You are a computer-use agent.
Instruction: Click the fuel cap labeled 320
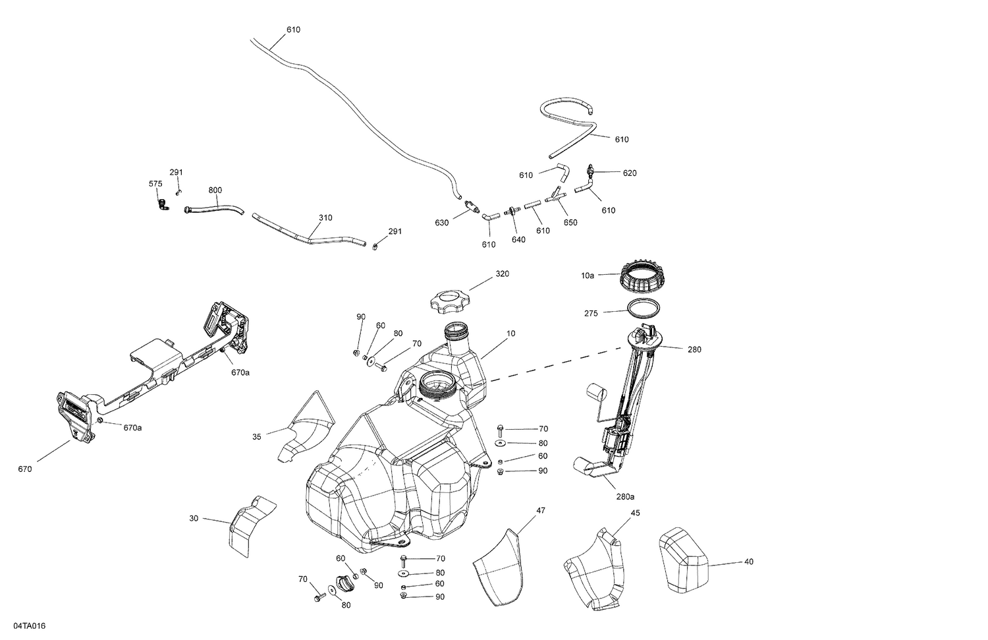[x=449, y=304]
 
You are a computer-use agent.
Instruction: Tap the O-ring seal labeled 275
[x=642, y=308]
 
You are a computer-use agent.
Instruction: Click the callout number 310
[x=325, y=218]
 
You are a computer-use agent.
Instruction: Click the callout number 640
[x=518, y=239]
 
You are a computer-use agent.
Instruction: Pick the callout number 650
[x=570, y=222]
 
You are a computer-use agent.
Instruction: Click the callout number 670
[x=25, y=469]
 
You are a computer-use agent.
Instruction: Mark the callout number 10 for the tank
[x=511, y=334]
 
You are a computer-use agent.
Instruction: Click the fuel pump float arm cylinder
[x=595, y=394]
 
